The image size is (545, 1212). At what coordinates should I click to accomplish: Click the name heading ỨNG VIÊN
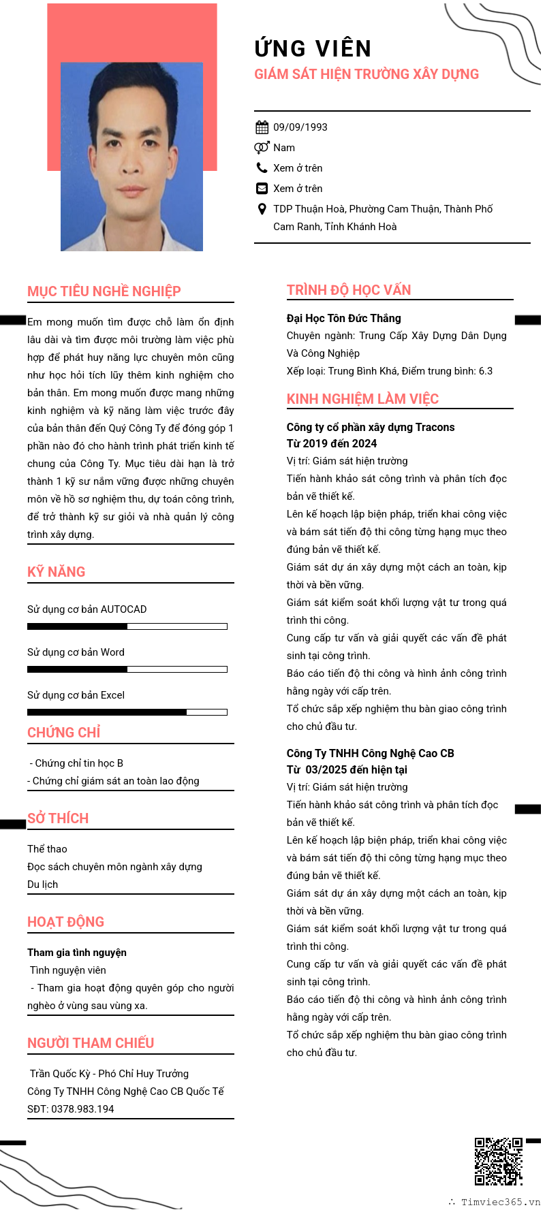313,48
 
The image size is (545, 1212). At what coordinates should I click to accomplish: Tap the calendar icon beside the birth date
262,127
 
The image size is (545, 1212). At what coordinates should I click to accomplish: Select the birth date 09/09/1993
300,127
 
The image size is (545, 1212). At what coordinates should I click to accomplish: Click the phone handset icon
262,168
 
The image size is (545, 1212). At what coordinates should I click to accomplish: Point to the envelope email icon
262,189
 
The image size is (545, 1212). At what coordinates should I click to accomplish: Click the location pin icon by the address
262,209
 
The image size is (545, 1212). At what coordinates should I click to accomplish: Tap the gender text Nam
284,148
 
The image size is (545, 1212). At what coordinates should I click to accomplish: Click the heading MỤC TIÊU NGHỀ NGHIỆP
104,291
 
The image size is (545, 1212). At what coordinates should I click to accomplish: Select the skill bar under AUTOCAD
127,626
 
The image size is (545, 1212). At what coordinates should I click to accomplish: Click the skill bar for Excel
127,712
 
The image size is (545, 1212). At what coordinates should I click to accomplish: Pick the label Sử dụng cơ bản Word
76,652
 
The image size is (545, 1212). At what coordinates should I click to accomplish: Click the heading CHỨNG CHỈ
64,733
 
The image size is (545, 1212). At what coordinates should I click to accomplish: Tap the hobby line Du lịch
42,884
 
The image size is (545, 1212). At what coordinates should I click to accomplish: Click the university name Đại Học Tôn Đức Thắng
343,318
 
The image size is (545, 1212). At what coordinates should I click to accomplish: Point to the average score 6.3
485,371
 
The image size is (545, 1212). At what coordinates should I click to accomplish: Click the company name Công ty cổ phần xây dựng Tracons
370,428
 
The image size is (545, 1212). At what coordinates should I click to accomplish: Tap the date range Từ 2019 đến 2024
331,444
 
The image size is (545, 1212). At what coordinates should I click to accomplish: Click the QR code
498,1161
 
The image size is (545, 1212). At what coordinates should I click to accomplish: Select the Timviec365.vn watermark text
500,1202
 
